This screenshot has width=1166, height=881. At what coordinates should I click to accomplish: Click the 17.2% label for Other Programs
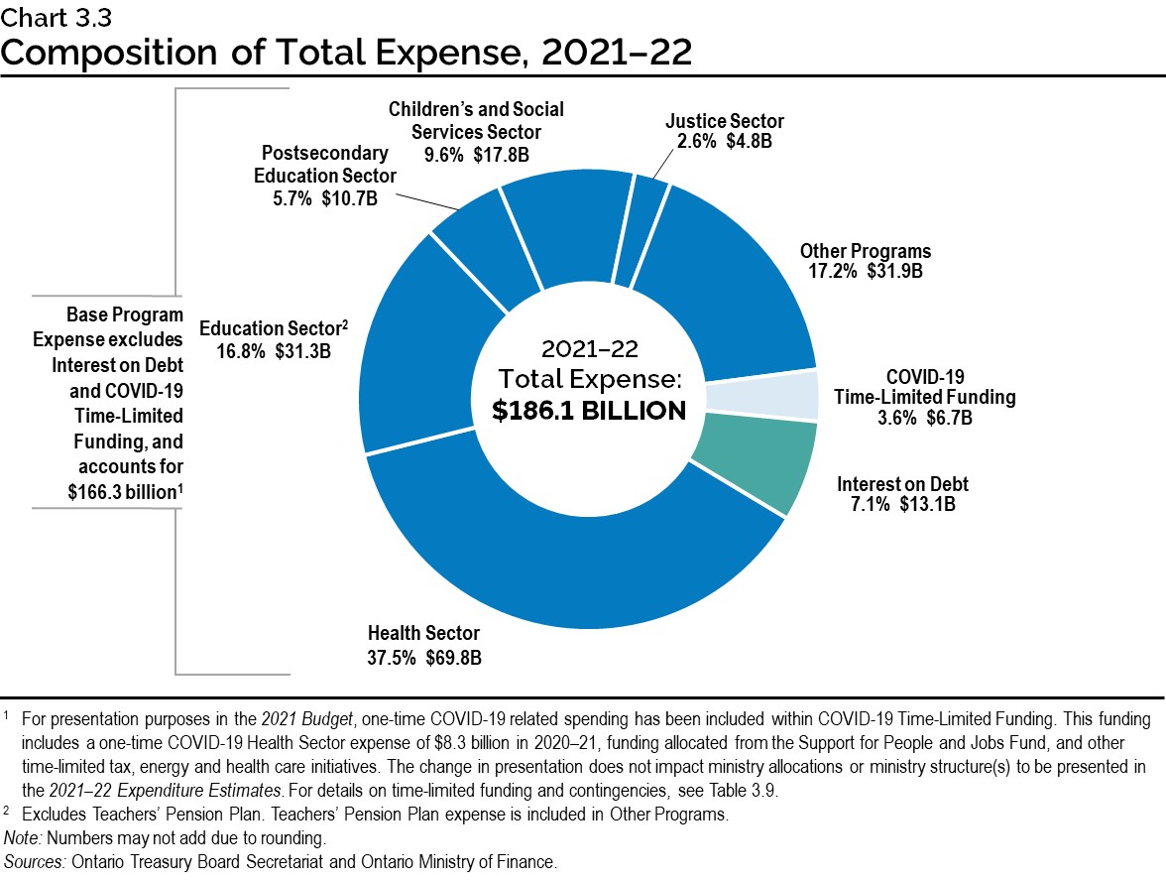click(x=823, y=271)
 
